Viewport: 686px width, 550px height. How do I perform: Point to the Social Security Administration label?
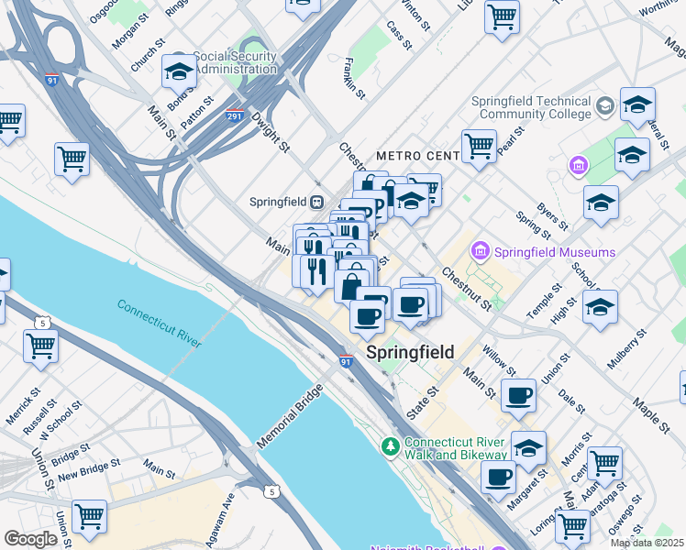pos(222,62)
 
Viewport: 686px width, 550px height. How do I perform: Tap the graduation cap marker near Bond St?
pos(179,71)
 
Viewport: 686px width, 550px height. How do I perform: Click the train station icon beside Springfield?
pos(316,202)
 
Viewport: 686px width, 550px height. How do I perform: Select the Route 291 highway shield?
pos(235,116)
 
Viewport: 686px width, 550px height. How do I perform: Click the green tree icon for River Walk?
pos(390,446)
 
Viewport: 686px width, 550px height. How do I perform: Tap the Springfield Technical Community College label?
pos(532,108)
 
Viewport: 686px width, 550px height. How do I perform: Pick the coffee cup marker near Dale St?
pos(518,394)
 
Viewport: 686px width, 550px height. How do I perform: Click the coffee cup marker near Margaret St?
pos(499,476)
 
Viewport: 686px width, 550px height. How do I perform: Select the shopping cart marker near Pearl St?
pos(479,144)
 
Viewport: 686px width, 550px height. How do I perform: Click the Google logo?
pos(30,538)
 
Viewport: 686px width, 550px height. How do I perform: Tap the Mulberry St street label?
pos(627,347)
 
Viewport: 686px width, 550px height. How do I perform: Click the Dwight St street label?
pos(271,133)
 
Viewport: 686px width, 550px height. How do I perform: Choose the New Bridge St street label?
pos(89,470)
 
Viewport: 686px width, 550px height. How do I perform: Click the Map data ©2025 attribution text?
pos(647,543)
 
